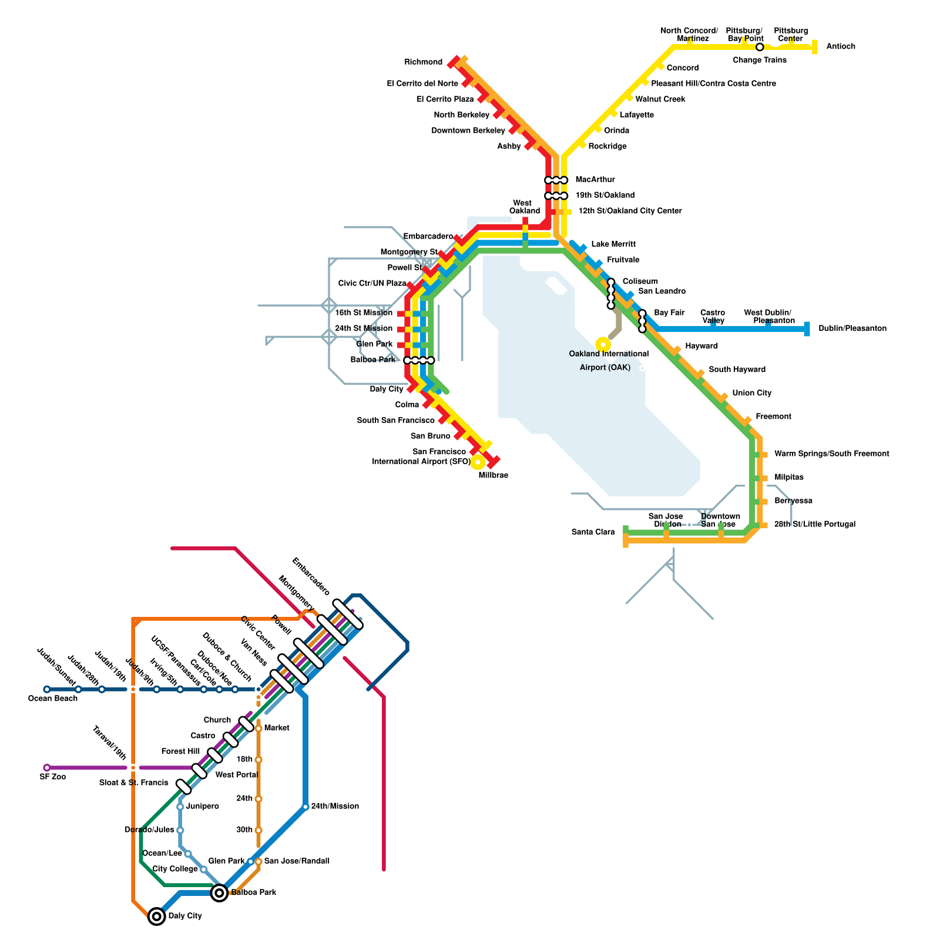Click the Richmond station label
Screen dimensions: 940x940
[423, 62]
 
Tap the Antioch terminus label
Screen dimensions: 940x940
[840, 46]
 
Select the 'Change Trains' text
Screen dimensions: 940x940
[759, 60]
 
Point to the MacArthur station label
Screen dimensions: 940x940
[595, 180]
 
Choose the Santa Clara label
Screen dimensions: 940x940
[593, 532]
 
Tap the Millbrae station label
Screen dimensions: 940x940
[493, 475]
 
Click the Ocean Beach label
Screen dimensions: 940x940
[53, 699]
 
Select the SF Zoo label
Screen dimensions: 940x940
[53, 777]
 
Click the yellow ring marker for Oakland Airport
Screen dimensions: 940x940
[603, 344]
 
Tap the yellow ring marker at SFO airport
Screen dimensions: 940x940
[478, 462]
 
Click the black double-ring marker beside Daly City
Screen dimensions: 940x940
[156, 916]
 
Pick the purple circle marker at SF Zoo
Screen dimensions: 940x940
[47, 767]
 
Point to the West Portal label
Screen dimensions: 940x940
[236, 775]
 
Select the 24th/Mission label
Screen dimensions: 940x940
[335, 806]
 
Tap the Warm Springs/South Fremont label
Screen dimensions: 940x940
[831, 454]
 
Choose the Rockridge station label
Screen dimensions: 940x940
[607, 146]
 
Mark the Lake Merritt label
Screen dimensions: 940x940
[613, 244]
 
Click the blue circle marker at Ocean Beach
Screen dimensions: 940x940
[47, 689]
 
